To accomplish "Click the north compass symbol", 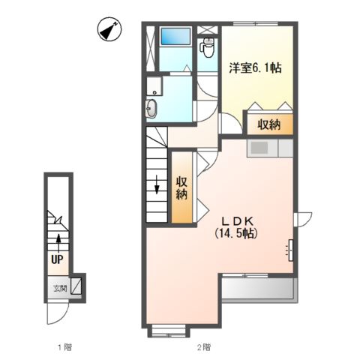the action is tap(109, 29).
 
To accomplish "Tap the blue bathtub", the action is tap(175, 37).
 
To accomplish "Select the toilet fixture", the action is tap(207, 47).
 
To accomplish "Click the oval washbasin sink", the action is tap(151, 108).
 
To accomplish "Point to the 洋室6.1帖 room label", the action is tap(256, 67).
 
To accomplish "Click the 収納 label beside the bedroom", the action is tap(269, 124).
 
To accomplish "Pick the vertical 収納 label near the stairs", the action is tap(182, 188).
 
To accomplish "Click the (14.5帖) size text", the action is tap(236, 234).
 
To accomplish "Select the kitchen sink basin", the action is tap(259, 148).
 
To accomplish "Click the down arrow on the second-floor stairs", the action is tap(157, 184).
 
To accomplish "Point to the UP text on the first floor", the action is tap(57, 259).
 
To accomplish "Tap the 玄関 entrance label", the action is tap(61, 289).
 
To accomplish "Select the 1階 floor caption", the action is tap(64, 347).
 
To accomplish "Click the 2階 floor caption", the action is tap(204, 347).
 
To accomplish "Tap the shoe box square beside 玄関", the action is tap(76, 286).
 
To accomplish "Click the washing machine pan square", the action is tap(154, 85).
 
